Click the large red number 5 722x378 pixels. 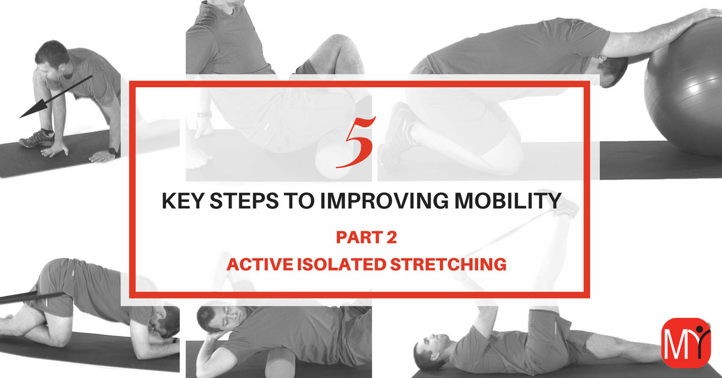click(356, 142)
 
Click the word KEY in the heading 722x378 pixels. click(182, 200)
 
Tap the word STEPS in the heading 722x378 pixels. click(244, 200)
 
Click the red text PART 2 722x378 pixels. click(366, 237)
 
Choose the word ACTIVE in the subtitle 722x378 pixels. click(260, 264)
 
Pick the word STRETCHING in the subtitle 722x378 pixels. click(448, 264)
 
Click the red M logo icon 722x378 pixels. click(686, 343)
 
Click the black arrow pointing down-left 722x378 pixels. click(56, 97)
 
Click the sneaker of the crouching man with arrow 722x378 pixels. click(37, 138)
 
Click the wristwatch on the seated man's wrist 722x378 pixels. click(205, 114)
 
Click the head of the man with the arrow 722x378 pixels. click(52, 58)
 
